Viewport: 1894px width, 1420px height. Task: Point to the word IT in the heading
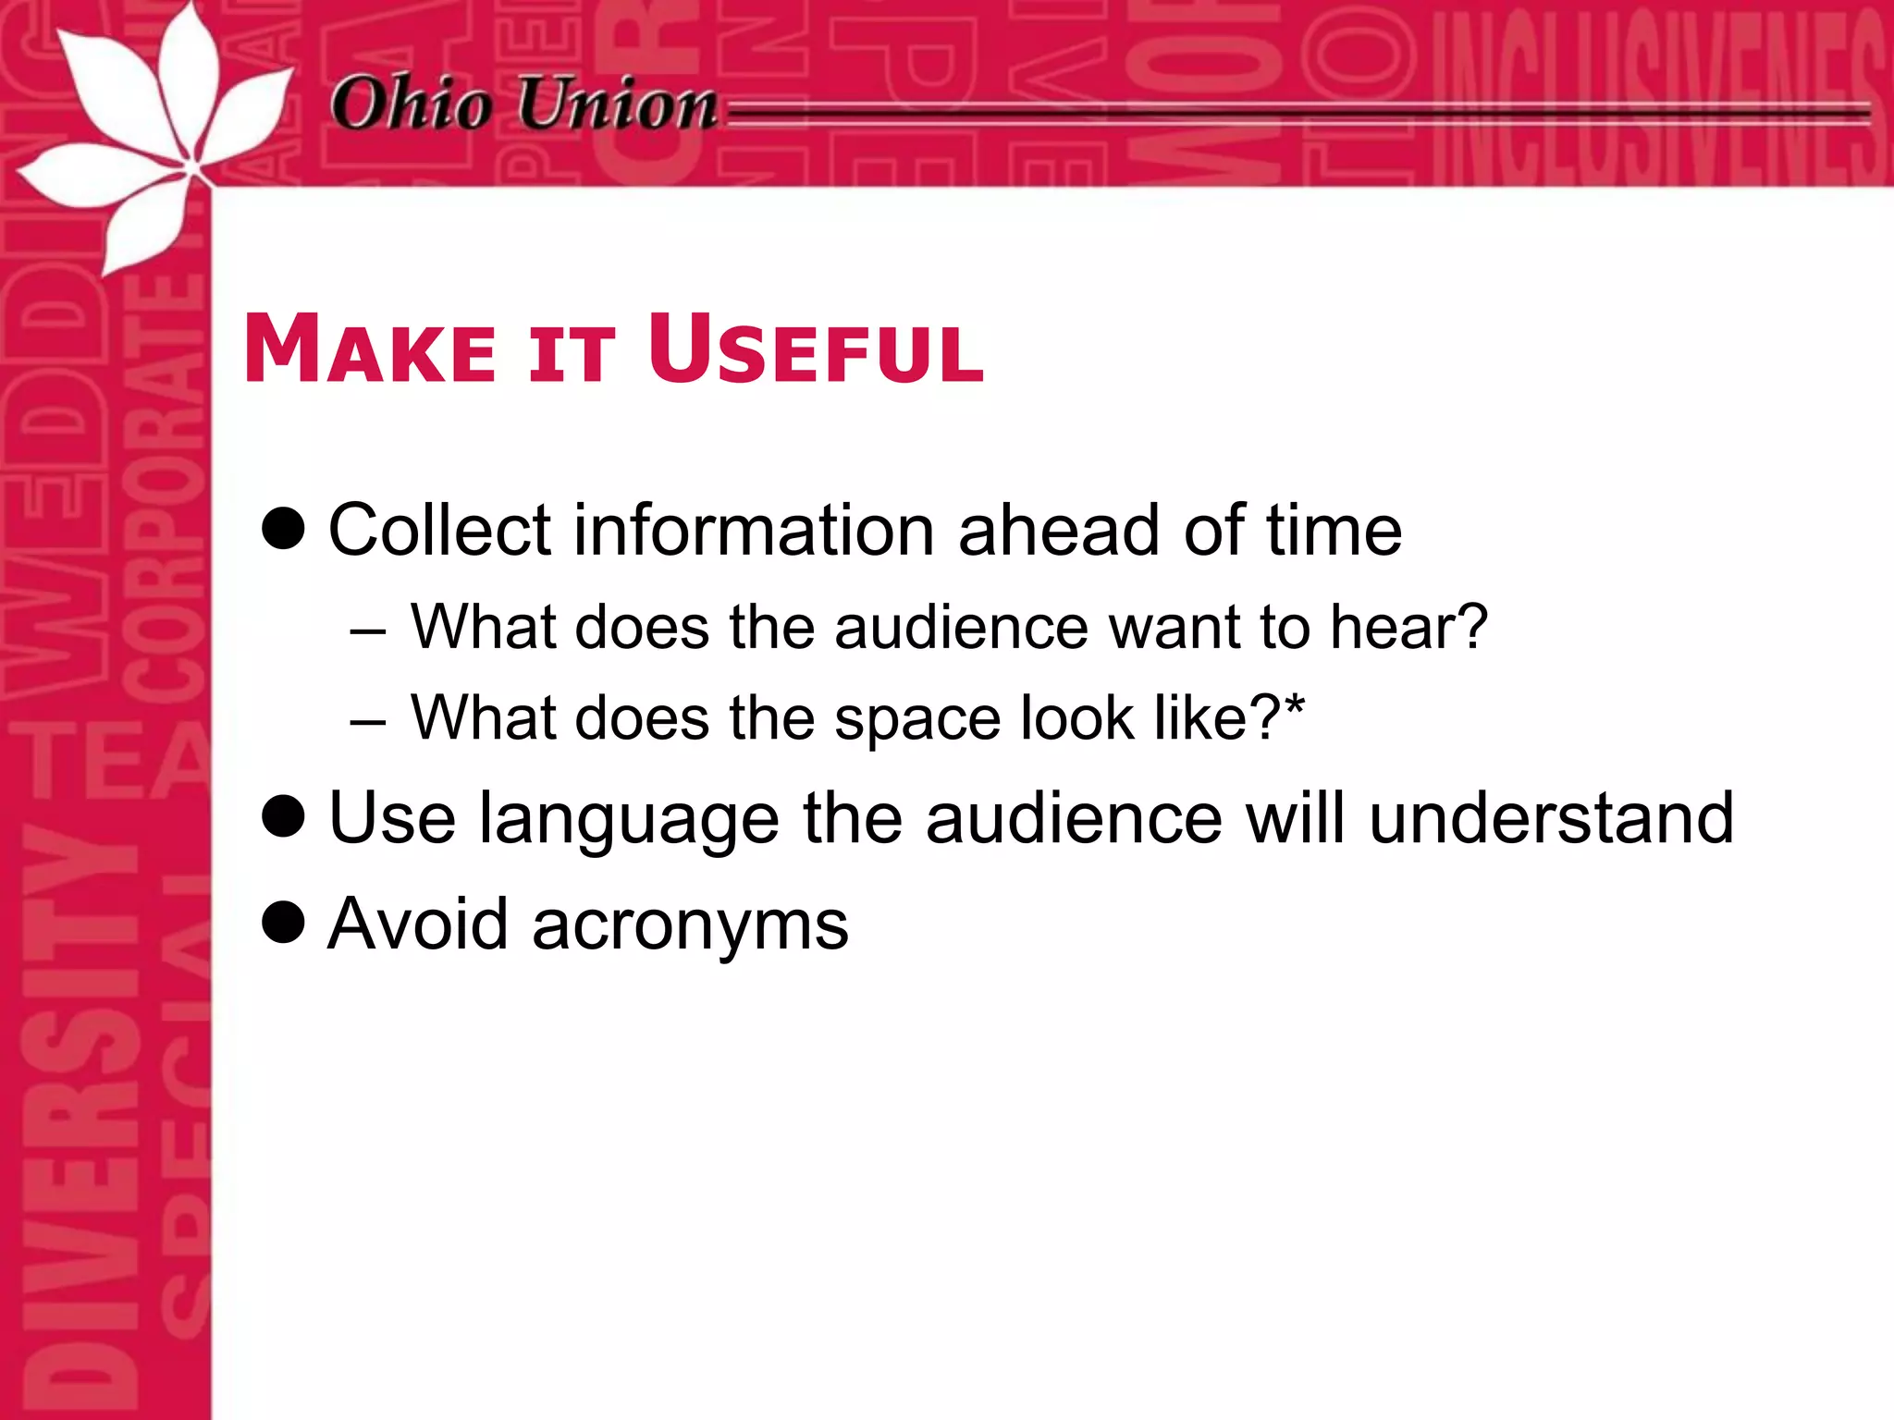571,355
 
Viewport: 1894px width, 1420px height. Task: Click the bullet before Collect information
283,529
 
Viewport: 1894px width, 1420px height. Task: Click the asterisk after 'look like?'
1294,707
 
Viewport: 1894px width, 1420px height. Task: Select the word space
917,720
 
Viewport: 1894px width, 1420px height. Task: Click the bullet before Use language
283,816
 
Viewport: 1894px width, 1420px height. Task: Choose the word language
629,821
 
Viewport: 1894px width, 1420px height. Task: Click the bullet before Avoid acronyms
283,922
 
